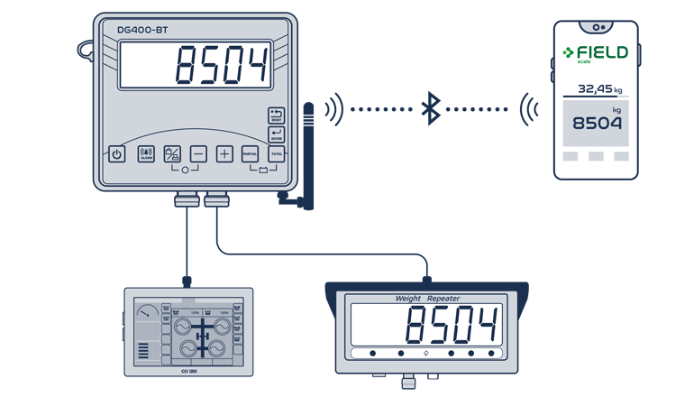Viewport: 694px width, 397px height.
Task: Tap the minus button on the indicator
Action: pos(198,154)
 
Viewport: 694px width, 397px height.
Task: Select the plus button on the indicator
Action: pos(224,154)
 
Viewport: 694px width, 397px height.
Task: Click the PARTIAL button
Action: pos(250,154)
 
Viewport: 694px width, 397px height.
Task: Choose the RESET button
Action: pos(276,115)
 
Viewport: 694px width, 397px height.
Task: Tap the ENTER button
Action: pos(276,134)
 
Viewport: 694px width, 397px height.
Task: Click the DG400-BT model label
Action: pos(142,30)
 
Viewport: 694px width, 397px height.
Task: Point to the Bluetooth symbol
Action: pos(431,109)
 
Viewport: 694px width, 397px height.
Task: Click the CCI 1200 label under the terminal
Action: pos(187,371)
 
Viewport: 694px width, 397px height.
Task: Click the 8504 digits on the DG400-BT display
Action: pos(222,66)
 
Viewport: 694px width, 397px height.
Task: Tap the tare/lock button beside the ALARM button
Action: pos(172,154)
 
